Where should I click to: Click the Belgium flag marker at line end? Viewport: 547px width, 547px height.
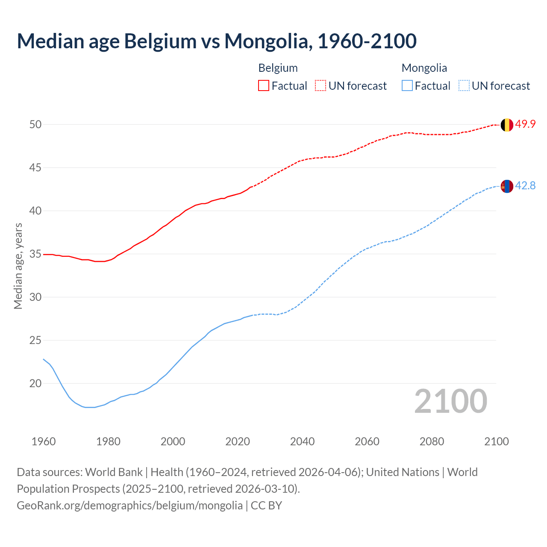pos(507,125)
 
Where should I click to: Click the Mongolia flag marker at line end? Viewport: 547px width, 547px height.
pos(507,186)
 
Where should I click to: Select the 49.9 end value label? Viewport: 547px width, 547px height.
pos(525,124)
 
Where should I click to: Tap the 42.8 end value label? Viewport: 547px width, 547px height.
pos(525,186)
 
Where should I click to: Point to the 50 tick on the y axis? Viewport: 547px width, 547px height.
pos(35,125)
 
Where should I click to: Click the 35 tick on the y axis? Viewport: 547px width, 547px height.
pos(35,254)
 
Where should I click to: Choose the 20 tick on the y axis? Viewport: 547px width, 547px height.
pos(35,384)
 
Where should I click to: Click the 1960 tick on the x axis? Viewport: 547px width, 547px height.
pos(44,441)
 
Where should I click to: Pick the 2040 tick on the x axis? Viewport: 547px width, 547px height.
pos(302,441)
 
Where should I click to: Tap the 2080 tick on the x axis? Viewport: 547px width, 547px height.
pos(432,441)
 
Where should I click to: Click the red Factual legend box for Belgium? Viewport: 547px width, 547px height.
pos(264,86)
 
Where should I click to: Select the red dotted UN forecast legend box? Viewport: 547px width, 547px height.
pos(321,86)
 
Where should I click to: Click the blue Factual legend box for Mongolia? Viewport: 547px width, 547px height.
pos(407,86)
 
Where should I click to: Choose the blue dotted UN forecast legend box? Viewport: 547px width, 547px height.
pos(464,86)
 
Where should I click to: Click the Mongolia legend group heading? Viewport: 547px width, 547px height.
pos(424,68)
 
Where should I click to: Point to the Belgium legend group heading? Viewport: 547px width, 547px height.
pos(278,68)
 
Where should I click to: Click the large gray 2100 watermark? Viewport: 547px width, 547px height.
pos(450,401)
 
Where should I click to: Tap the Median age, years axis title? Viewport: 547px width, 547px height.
pos(18,266)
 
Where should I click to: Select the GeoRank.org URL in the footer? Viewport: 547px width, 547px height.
pos(129,506)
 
